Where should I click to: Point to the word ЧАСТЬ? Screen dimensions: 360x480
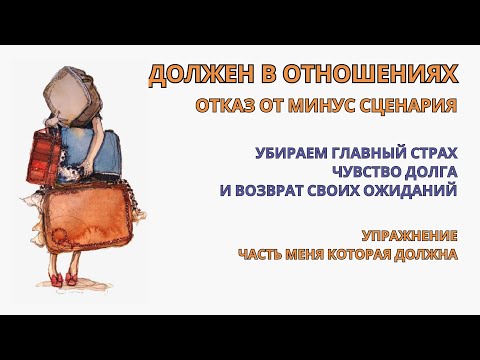pos(263,254)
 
